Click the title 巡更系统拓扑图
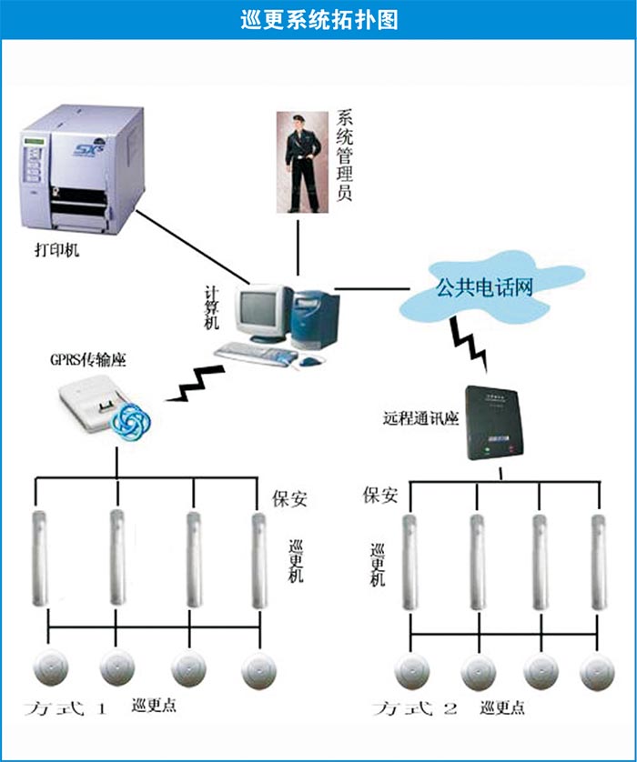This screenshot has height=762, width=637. pyautogui.click(x=318, y=19)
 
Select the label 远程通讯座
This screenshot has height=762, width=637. pyautogui.click(x=419, y=421)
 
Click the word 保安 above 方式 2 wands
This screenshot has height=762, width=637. pyautogui.click(x=380, y=496)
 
